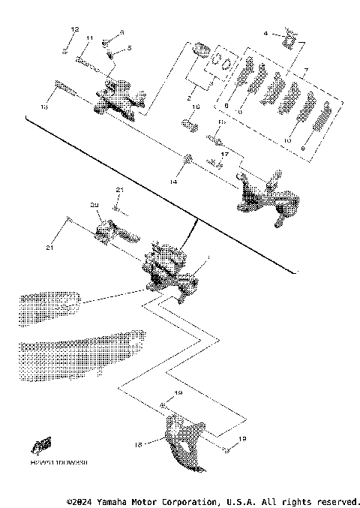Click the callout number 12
pos(74,28)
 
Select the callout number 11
pos(88,38)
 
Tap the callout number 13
pos(44,108)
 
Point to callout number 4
pos(265,34)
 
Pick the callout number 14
pos(173,182)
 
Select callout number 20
pos(94,204)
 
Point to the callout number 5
pos(128,48)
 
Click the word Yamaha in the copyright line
pos(112,500)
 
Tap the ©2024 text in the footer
pos(80,500)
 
